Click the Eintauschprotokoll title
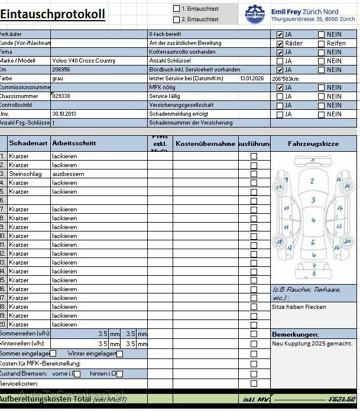[x=53, y=15]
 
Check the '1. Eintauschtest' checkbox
[x=176, y=9]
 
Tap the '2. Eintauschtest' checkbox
[x=176, y=19]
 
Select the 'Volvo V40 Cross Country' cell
[x=83, y=61]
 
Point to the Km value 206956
[x=61, y=70]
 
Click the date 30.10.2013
[x=64, y=114]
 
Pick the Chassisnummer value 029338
[x=61, y=96]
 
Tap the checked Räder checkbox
[x=280, y=44]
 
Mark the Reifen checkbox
[x=321, y=44]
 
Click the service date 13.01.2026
[x=253, y=79]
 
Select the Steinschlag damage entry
[x=22, y=174]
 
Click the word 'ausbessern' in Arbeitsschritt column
[x=68, y=174]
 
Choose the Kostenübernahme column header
[x=205, y=143]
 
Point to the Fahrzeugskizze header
[x=313, y=143]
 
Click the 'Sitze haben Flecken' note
[x=299, y=307]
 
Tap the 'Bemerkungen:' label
[x=295, y=334]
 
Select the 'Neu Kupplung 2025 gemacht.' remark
[x=312, y=343]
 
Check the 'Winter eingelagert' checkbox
[x=119, y=354]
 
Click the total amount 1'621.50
[x=342, y=400]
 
